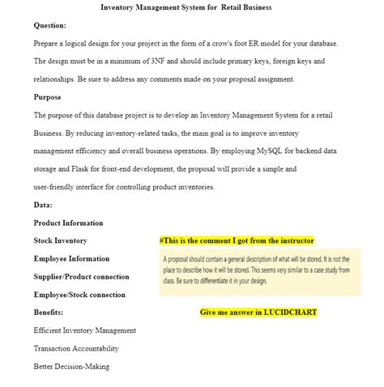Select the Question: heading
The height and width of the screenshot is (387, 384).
[49, 25]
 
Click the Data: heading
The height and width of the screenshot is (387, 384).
[43, 205]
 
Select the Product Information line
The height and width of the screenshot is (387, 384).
[68, 223]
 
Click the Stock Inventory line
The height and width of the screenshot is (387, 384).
[60, 240]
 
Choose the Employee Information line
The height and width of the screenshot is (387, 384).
[71, 258]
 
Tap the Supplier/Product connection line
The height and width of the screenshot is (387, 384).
[81, 276]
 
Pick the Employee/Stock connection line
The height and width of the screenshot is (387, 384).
[79, 295]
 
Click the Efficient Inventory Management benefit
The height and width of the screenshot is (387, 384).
[84, 330]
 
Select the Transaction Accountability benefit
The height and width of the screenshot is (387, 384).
[76, 348]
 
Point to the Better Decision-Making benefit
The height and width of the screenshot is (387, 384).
[71, 366]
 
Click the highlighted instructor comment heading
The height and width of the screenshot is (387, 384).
[237, 240]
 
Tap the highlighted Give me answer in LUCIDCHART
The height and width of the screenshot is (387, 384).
[258, 312]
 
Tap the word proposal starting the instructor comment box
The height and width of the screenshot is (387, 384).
[183, 259]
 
